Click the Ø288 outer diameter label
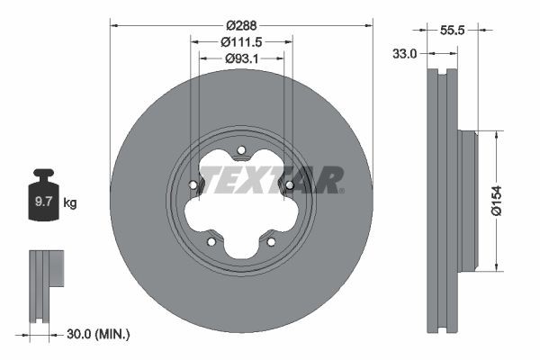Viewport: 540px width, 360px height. point(240,25)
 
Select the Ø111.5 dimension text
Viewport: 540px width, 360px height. point(241,42)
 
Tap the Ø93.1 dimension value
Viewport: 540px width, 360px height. point(241,59)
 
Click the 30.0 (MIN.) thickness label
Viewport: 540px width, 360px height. point(99,334)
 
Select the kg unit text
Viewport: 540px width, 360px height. point(69,203)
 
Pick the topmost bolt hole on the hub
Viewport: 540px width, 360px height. point(241,151)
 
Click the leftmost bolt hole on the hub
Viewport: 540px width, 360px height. point(193,186)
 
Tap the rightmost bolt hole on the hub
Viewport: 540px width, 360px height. point(289,186)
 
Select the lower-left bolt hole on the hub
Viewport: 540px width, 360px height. point(211,241)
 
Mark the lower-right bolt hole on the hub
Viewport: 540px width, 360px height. point(271,241)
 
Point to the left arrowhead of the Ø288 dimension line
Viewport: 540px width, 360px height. point(113,25)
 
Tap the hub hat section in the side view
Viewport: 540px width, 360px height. point(466,201)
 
